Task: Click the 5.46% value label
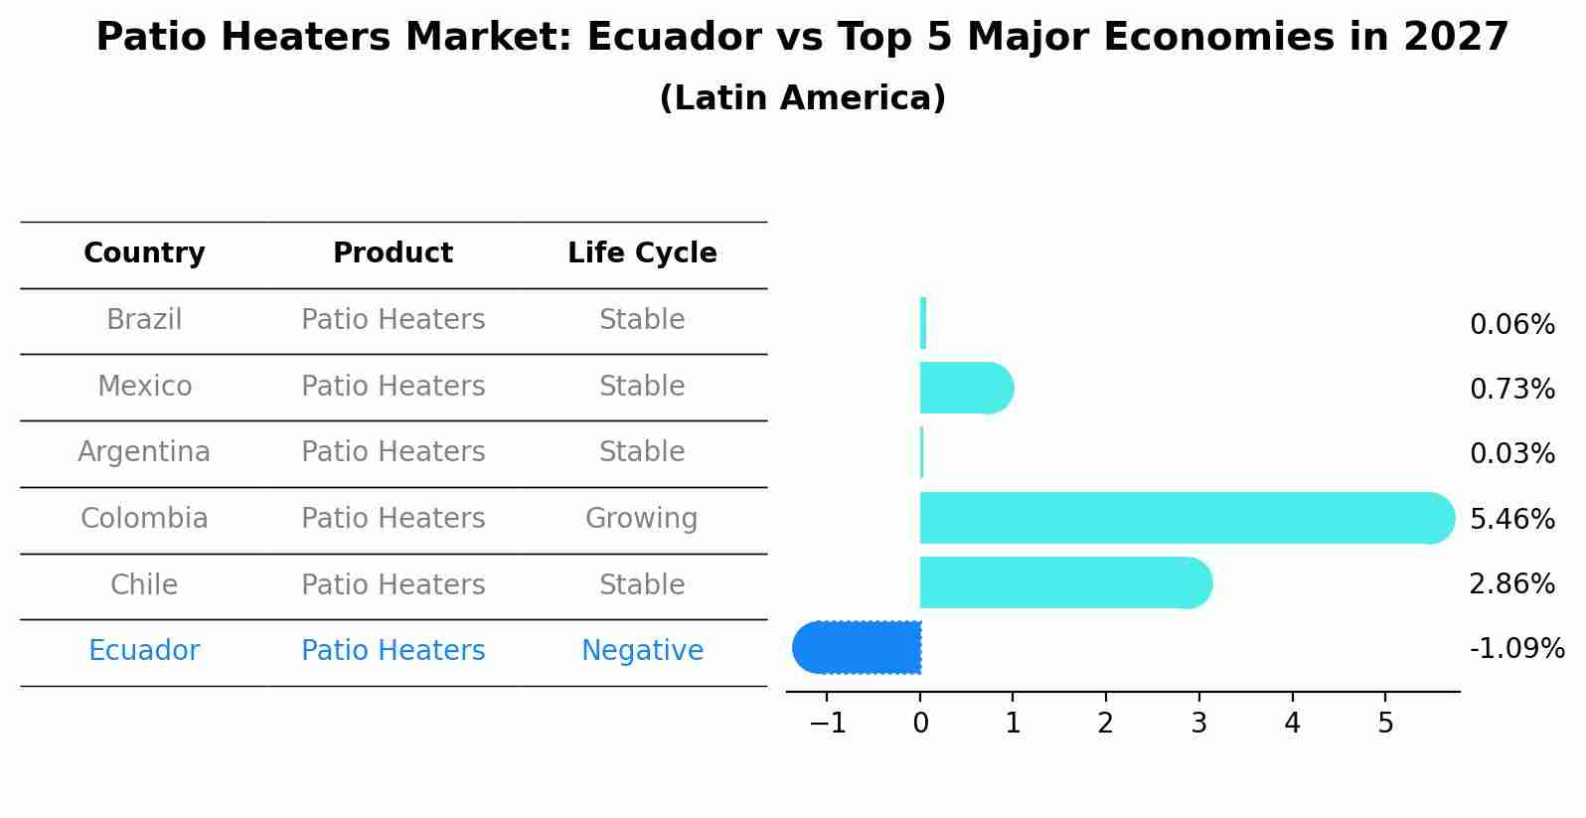click(1511, 519)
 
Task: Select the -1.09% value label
click(1516, 649)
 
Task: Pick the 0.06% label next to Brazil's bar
click(1511, 325)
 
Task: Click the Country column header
click(144, 253)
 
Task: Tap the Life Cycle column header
click(642, 253)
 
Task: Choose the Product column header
click(393, 253)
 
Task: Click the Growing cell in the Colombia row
click(642, 519)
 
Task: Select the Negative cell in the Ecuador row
click(642, 651)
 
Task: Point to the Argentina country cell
click(144, 452)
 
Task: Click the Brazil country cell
click(144, 320)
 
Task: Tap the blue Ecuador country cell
click(144, 651)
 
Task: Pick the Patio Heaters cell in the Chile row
click(393, 584)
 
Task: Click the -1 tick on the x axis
click(827, 724)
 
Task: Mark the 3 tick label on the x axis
click(1198, 724)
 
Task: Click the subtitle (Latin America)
click(802, 98)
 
